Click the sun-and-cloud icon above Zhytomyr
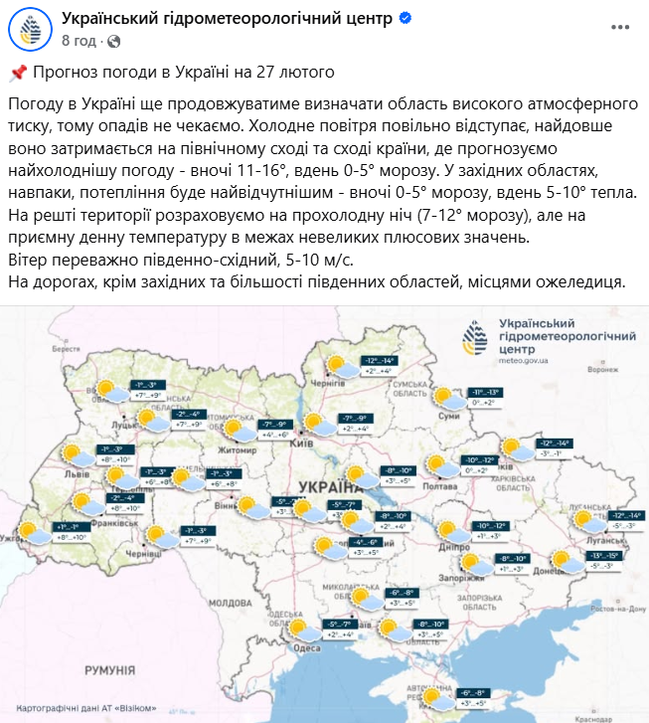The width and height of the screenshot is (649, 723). (x=239, y=429)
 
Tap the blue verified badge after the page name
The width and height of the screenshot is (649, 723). (x=407, y=19)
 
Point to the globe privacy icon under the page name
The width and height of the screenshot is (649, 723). (x=113, y=42)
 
